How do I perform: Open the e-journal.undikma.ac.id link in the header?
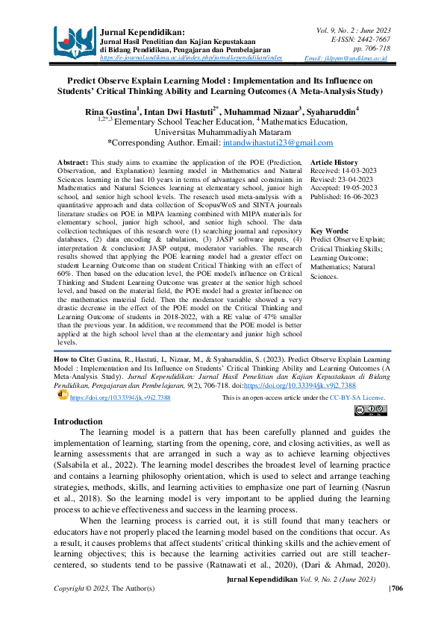point(191,57)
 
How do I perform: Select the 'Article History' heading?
point(334,162)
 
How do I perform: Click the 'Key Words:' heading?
point(329,231)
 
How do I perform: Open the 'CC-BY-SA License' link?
point(357,398)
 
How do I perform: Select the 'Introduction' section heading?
point(84,422)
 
